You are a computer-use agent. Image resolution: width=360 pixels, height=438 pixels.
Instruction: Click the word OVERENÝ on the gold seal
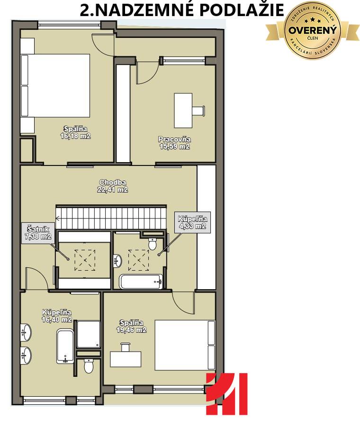click(313, 30)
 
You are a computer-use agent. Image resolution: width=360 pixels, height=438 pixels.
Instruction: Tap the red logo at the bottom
click(226, 393)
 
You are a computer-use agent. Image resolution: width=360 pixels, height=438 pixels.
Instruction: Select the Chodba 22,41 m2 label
click(112, 186)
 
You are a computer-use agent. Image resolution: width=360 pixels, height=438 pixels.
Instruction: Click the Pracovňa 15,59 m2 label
click(174, 143)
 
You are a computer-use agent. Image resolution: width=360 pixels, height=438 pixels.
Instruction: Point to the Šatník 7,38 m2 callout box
click(38, 233)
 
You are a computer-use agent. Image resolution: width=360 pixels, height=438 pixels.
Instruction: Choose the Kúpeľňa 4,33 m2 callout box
click(192, 222)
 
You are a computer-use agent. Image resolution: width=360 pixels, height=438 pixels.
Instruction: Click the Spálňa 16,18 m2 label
click(75, 132)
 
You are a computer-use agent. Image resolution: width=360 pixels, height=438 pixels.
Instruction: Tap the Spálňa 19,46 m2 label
click(131, 326)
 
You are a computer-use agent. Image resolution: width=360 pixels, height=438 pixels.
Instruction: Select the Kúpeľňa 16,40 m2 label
click(57, 316)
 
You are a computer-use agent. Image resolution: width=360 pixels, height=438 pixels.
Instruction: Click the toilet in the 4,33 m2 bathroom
click(153, 244)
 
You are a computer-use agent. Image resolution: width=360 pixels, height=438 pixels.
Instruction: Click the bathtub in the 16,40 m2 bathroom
click(65, 346)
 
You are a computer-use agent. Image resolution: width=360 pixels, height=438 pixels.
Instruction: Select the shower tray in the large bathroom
click(89, 334)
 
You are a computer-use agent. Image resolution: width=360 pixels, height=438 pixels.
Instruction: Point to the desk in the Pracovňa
click(183, 110)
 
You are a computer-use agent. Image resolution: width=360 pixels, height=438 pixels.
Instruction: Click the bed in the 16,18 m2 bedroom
click(55, 85)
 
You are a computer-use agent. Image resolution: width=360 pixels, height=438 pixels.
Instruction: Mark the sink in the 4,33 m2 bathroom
click(118, 261)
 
